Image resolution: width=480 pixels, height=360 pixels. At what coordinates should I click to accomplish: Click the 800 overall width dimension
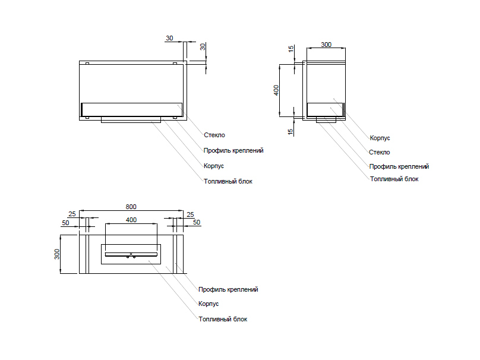[x=131, y=207]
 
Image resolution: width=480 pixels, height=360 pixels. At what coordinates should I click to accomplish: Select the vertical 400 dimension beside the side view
[x=276, y=90]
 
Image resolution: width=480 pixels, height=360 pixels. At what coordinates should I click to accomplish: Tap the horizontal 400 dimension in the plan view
[x=131, y=220]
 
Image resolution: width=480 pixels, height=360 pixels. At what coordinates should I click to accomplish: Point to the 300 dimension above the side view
[x=326, y=45]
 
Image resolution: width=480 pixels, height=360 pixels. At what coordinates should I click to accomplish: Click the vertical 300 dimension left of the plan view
[x=58, y=254]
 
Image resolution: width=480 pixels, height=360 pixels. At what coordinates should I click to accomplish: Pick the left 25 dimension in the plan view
[x=72, y=214]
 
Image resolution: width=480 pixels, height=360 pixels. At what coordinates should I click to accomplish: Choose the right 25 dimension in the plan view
[x=190, y=214]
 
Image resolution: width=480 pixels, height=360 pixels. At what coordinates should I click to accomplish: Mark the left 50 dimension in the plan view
[x=65, y=222]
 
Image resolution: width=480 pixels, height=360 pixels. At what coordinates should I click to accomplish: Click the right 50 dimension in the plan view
[x=197, y=222]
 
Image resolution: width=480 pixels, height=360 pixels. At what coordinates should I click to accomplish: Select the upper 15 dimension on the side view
[x=291, y=49]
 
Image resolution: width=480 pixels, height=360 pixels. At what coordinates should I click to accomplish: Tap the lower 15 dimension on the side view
[x=291, y=131]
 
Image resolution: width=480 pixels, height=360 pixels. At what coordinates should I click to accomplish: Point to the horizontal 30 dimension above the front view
[x=169, y=38]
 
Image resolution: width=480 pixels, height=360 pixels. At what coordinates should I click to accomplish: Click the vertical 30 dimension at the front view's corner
[x=203, y=46]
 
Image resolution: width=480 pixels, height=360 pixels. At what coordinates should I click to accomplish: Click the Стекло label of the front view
[x=214, y=135]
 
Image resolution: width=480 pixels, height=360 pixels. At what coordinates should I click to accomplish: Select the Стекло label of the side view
[x=379, y=152]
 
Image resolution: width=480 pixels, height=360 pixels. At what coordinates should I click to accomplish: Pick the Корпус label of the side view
[x=380, y=138]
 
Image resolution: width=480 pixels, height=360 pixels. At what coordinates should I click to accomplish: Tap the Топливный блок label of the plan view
[x=223, y=319]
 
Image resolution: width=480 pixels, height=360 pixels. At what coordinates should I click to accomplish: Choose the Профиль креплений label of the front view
[x=233, y=150]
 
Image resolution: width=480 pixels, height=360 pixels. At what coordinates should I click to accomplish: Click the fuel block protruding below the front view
[x=131, y=119]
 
